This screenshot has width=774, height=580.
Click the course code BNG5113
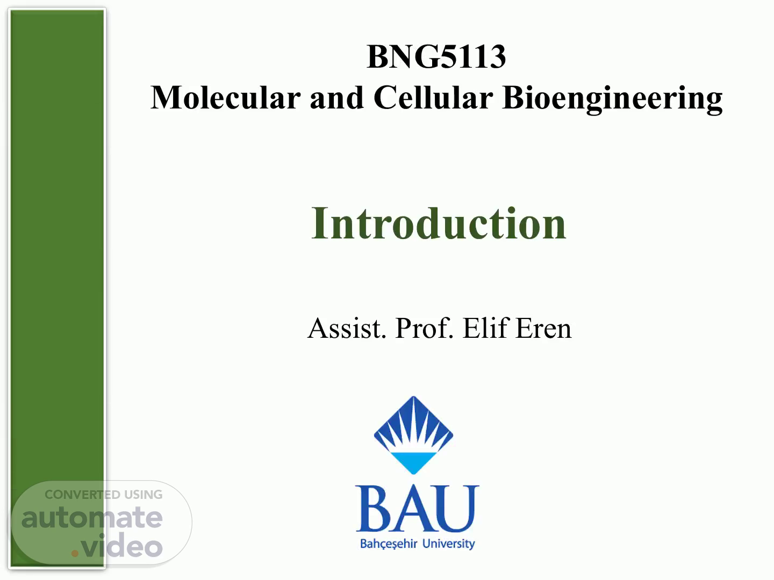tap(436, 56)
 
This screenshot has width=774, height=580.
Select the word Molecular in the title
tap(226, 98)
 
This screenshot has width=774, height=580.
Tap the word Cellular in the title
tap(433, 98)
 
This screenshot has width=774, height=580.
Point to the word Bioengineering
tap(613, 100)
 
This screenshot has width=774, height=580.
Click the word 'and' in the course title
tap(337, 98)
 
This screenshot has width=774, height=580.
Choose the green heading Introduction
tap(439, 223)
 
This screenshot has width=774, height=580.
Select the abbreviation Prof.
tap(424, 328)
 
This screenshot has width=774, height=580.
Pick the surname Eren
tap(543, 328)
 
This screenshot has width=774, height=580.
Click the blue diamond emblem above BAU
tap(414, 435)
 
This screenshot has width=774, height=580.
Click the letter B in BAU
tap(374, 509)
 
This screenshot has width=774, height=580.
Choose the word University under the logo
tap(448, 544)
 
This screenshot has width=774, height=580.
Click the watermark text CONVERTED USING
tap(104, 495)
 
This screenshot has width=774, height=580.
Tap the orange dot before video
tap(75, 553)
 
